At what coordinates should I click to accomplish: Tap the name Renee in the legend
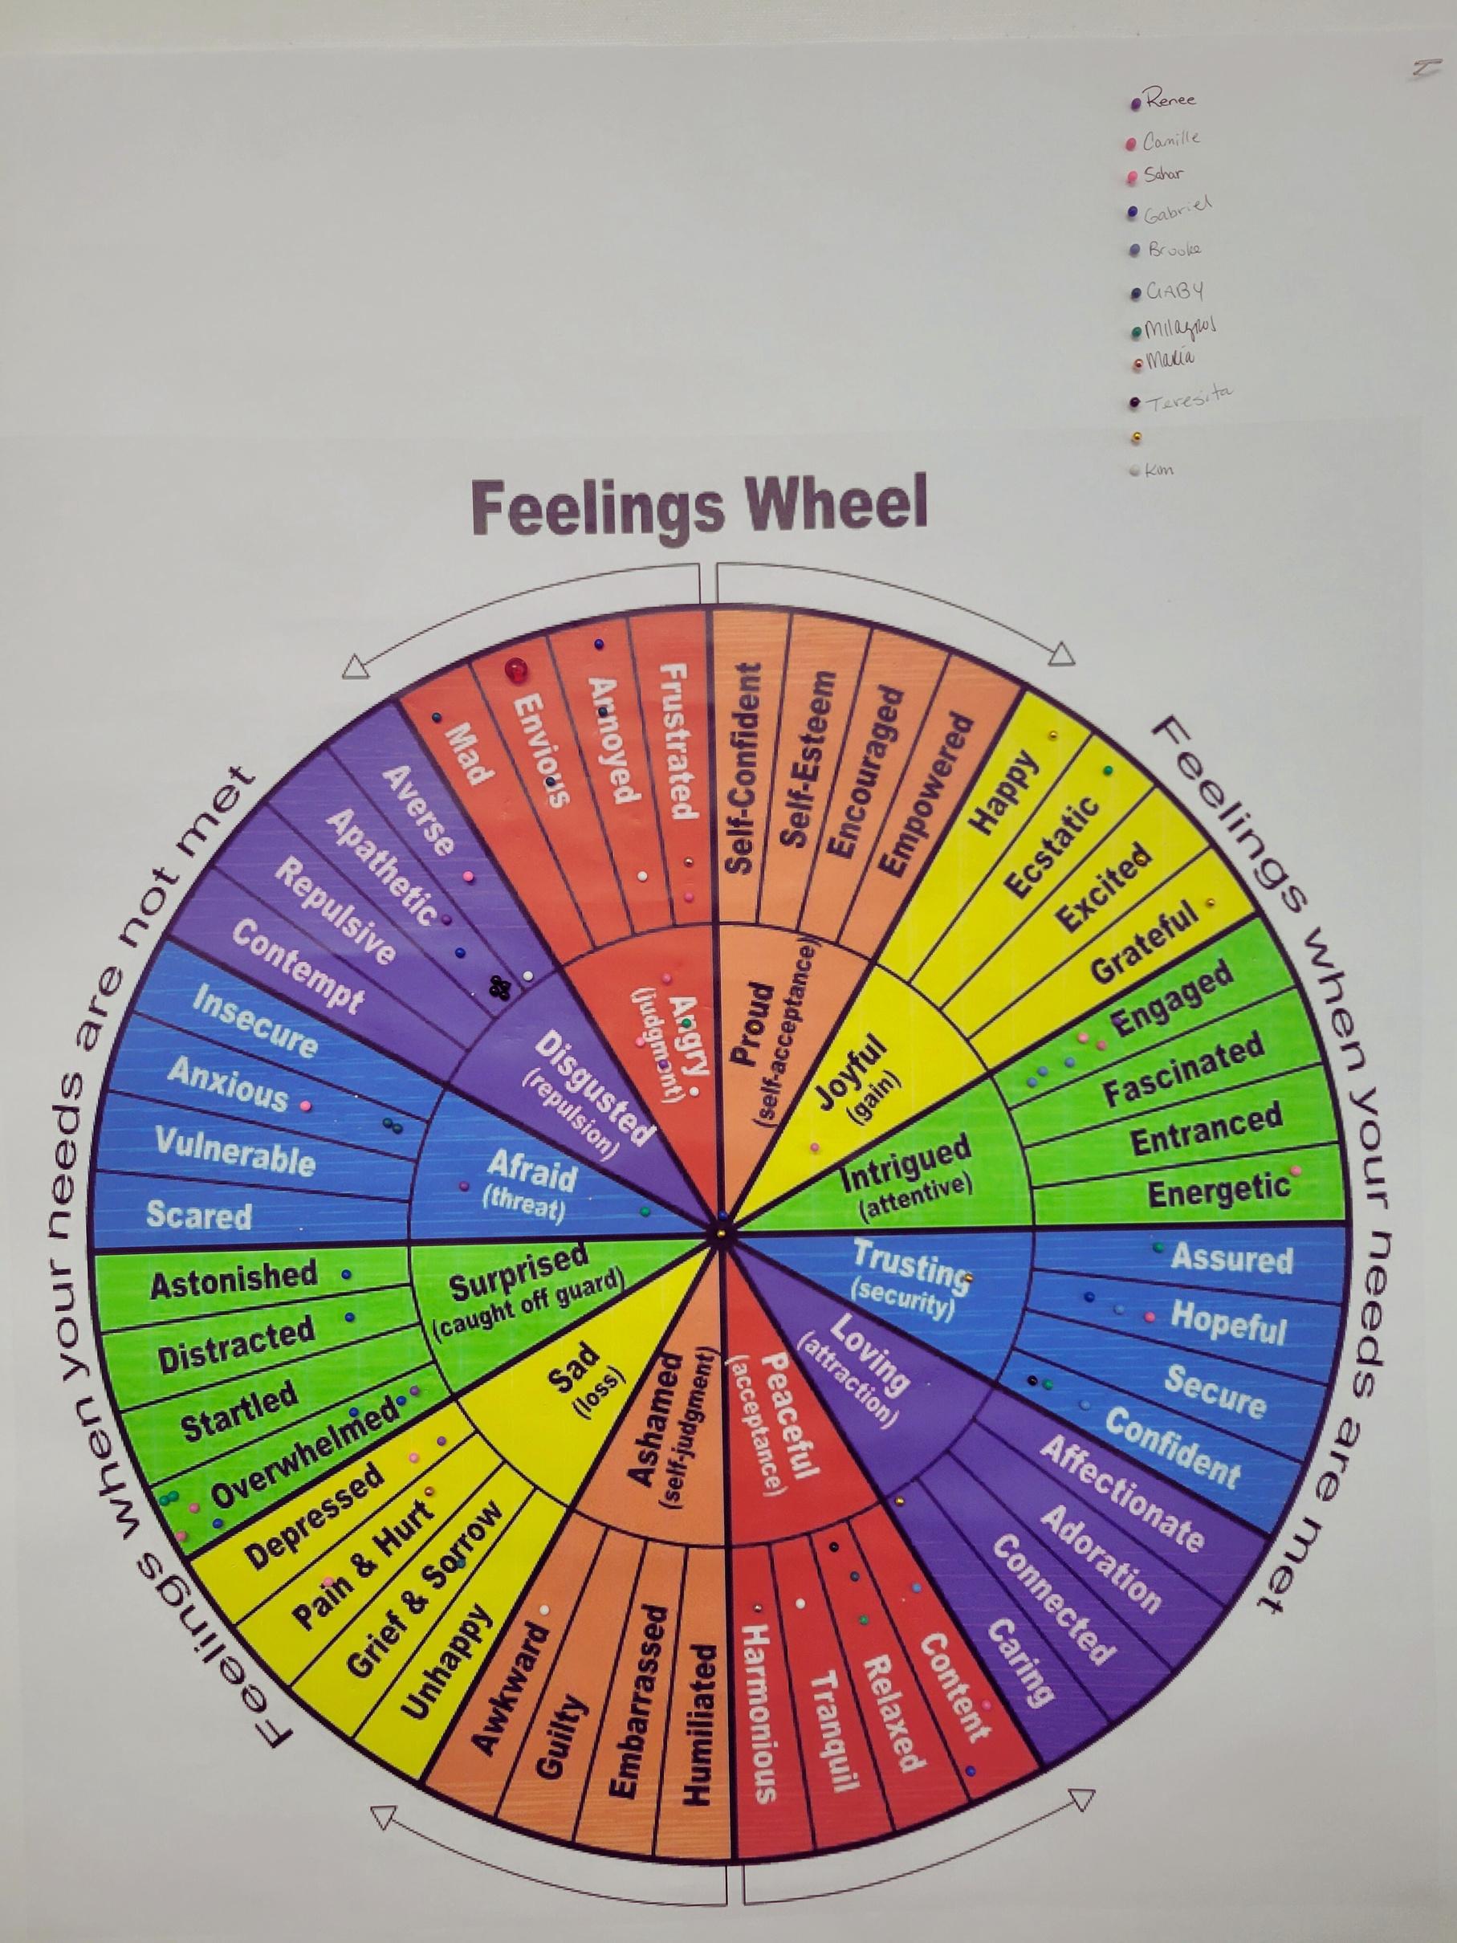click(x=1170, y=100)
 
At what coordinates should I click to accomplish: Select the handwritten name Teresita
click(x=1191, y=398)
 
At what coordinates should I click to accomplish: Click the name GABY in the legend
click(x=1175, y=291)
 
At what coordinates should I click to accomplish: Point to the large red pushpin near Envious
click(x=515, y=670)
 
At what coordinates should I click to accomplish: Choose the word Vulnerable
click(x=234, y=1151)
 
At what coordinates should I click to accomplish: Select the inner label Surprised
click(x=518, y=1270)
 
